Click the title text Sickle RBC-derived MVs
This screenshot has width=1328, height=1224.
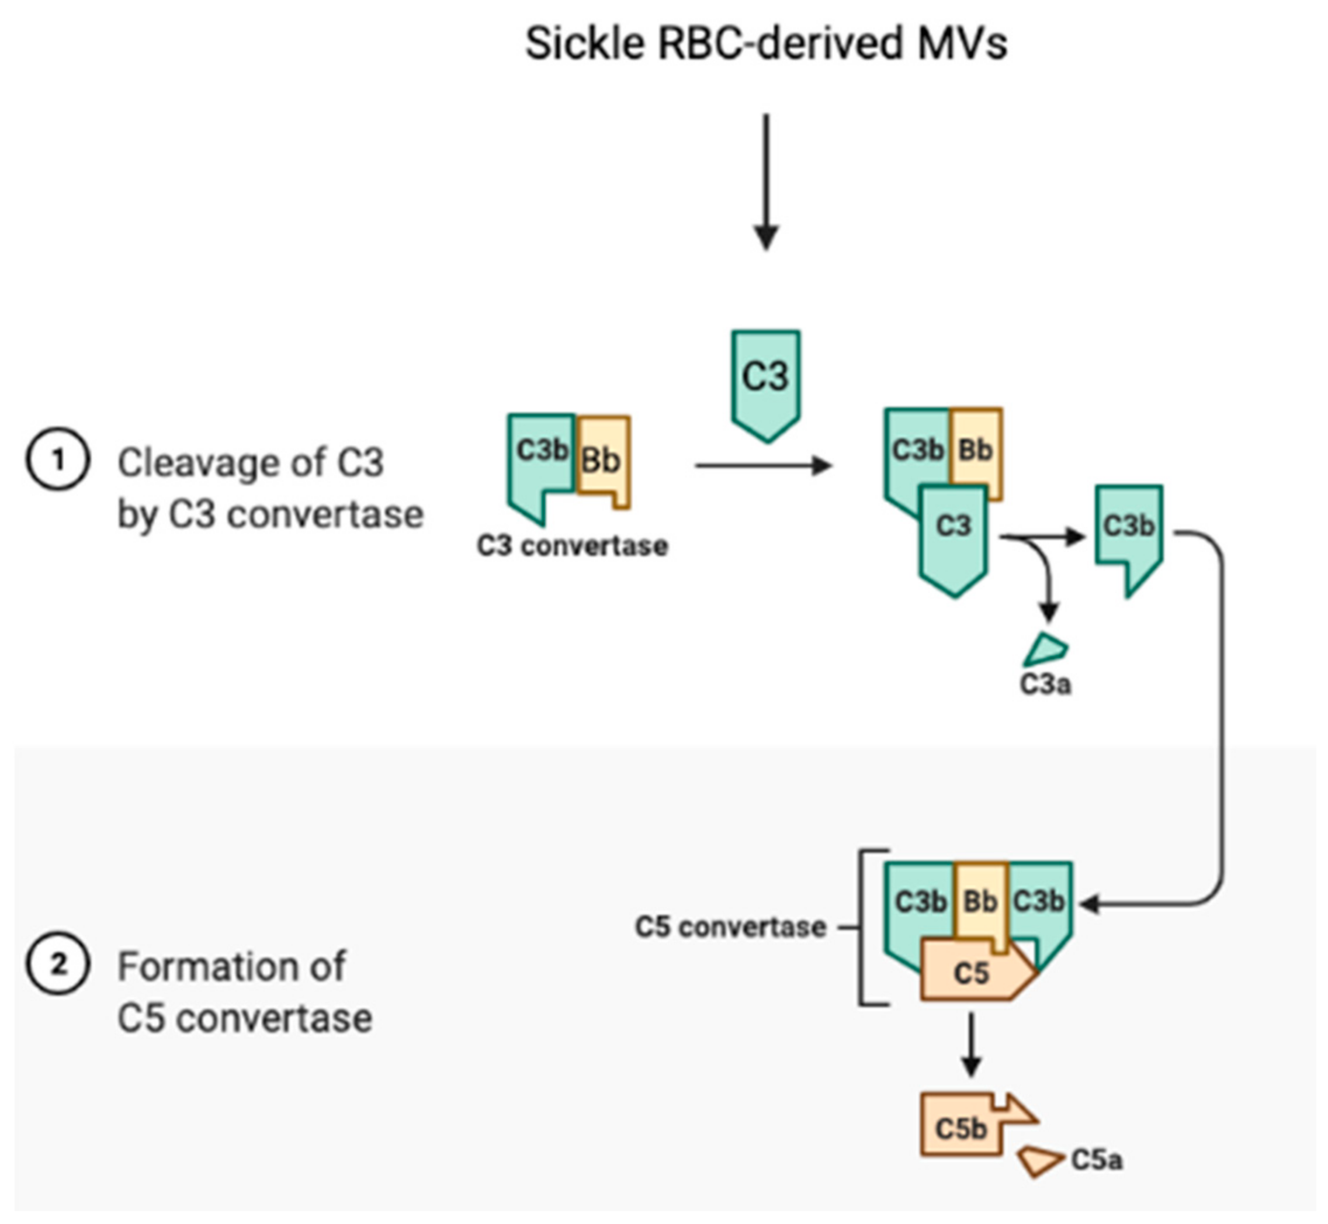[766, 44]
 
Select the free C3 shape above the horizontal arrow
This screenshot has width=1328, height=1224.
[766, 381]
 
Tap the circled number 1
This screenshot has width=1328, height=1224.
[58, 459]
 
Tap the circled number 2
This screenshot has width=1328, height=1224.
[58, 964]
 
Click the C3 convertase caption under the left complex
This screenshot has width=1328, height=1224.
[573, 547]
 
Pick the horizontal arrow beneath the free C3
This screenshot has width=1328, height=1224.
[761, 466]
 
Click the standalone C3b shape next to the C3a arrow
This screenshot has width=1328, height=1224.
[1129, 530]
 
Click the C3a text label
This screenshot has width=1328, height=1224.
[1045, 685]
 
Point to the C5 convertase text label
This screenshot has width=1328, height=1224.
[730, 927]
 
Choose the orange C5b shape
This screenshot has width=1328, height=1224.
[961, 1128]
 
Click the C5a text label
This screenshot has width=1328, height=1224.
[1096, 1160]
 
